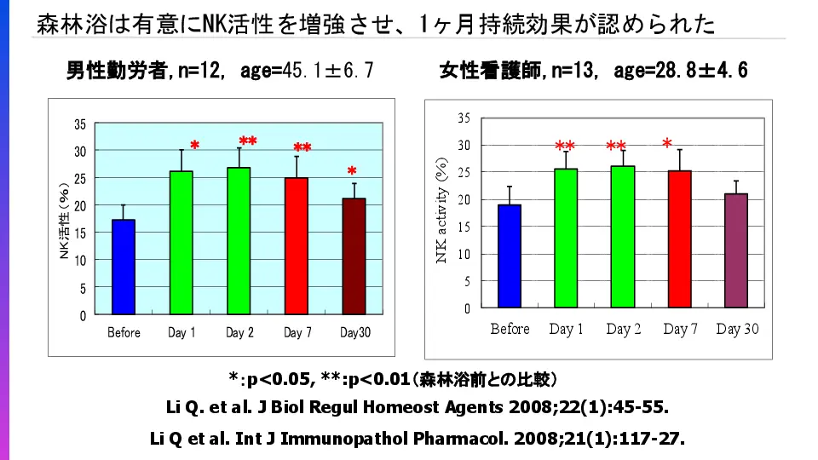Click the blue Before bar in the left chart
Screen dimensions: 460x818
(x=124, y=267)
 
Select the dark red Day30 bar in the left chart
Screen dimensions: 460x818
(x=354, y=256)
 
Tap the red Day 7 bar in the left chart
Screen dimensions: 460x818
(x=296, y=246)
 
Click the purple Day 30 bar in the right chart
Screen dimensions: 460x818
(x=735, y=250)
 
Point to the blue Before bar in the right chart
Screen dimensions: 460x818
(x=510, y=256)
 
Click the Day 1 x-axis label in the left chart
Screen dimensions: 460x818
(x=181, y=333)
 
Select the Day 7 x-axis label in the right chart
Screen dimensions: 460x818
(x=680, y=329)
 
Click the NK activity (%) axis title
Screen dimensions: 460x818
(x=442, y=210)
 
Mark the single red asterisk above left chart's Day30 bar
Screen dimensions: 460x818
(x=352, y=171)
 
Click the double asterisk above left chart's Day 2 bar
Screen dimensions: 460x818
(x=248, y=141)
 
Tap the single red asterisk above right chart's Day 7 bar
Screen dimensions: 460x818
(x=667, y=143)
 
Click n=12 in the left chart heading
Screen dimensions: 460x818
(x=193, y=72)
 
